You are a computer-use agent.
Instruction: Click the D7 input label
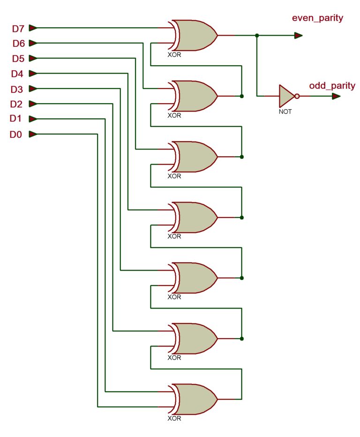pos(18,29)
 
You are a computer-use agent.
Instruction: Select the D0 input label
pos(15,135)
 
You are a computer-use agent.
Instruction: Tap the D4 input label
pos(17,74)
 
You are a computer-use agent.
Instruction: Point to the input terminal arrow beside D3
pos(33,89)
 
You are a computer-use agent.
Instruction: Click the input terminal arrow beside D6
pos(33,43)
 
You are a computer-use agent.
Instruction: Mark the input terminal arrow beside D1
pos(33,119)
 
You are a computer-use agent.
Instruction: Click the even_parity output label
pos(317,19)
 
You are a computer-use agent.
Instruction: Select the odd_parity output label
pos(332,86)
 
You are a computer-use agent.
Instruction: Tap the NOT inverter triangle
pos(286,96)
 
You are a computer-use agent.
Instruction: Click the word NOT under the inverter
pos(285,112)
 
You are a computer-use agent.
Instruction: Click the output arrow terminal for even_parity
pos(298,36)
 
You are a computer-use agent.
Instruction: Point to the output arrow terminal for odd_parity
pos(336,96)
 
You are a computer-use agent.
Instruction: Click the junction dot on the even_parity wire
pos(257,36)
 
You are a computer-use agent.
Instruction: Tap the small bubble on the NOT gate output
pos(297,96)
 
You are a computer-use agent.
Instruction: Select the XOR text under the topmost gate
pos(174,55)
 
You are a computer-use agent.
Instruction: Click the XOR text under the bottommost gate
pos(174,418)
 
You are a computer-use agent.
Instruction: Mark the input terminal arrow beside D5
pos(33,58)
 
